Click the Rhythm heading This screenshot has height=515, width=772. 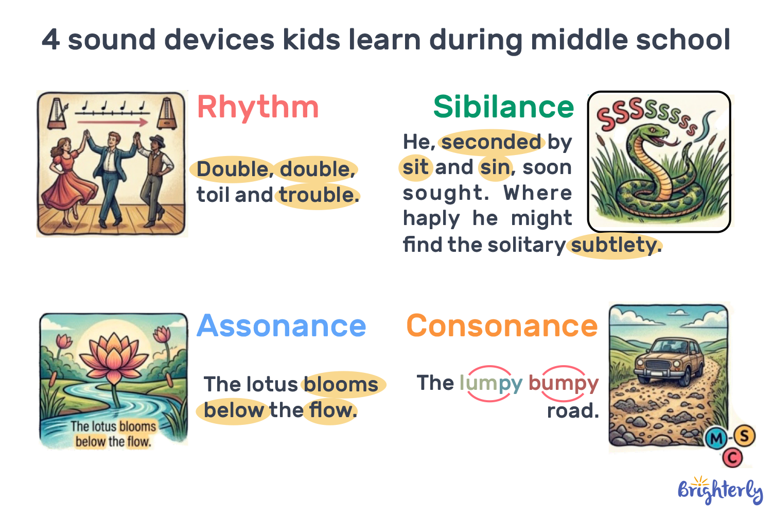point(258,107)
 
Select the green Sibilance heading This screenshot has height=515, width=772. point(503,107)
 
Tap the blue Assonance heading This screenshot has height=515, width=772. point(281,326)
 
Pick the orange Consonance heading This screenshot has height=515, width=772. point(502,326)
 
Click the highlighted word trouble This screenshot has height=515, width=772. point(318,195)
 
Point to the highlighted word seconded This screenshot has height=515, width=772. point(492,142)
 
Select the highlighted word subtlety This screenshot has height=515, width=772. point(615,245)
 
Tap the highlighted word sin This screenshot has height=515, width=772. point(495,167)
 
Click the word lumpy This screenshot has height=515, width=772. point(490,383)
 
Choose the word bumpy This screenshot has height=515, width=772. point(563,383)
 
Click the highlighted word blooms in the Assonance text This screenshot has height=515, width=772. point(341,385)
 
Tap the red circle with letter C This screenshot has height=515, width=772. point(732,457)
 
